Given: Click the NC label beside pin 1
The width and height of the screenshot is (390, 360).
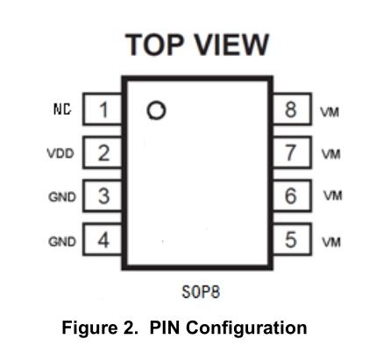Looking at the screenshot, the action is (x=62, y=109).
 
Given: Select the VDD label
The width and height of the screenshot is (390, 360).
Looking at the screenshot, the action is (x=60, y=153).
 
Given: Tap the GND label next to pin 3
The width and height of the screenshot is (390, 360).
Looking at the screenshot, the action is (x=62, y=197).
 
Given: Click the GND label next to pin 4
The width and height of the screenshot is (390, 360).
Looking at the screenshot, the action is (x=62, y=242).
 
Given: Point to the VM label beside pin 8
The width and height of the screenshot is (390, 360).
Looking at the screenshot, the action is (x=330, y=112).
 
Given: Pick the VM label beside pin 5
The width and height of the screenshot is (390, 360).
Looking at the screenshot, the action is (x=331, y=242).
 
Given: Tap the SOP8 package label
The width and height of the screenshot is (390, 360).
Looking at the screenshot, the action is (x=201, y=292).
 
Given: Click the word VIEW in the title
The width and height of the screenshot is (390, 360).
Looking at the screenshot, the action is (x=231, y=45).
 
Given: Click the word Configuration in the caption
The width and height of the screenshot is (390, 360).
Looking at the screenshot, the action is (x=246, y=328).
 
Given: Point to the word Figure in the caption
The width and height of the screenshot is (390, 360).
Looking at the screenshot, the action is (x=89, y=328).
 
